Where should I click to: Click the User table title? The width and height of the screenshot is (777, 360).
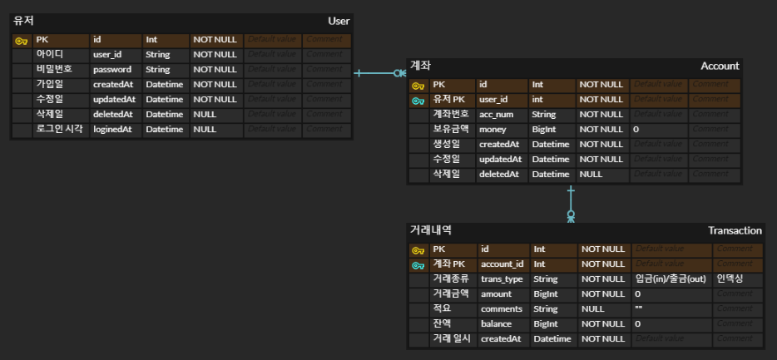click(x=339, y=21)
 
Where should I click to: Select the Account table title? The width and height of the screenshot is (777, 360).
click(x=720, y=66)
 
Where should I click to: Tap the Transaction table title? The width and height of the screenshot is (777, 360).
click(x=735, y=230)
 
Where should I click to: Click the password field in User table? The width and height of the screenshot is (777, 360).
click(x=111, y=70)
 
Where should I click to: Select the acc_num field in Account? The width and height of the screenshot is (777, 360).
click(x=497, y=115)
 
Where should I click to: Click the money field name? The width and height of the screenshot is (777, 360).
click(x=494, y=130)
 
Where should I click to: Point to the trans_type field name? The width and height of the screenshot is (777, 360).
click(x=502, y=279)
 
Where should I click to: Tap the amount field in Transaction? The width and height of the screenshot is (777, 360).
click(x=497, y=293)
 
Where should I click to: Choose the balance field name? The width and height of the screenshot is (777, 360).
click(x=497, y=323)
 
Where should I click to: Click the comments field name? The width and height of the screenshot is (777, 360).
click(x=501, y=308)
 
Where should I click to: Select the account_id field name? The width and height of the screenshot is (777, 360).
click(x=503, y=264)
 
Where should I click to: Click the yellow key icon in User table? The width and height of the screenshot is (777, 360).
click(x=22, y=40)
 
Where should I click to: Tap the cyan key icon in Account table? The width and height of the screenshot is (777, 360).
click(x=418, y=100)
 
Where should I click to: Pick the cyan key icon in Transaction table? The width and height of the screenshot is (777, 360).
click(x=418, y=264)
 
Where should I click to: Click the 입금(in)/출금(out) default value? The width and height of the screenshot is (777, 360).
click(x=670, y=279)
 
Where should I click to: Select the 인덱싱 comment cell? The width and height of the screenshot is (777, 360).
click(x=730, y=279)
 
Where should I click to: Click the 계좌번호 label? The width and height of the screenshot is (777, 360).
click(x=451, y=115)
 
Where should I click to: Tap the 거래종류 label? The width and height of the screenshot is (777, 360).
click(x=451, y=279)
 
